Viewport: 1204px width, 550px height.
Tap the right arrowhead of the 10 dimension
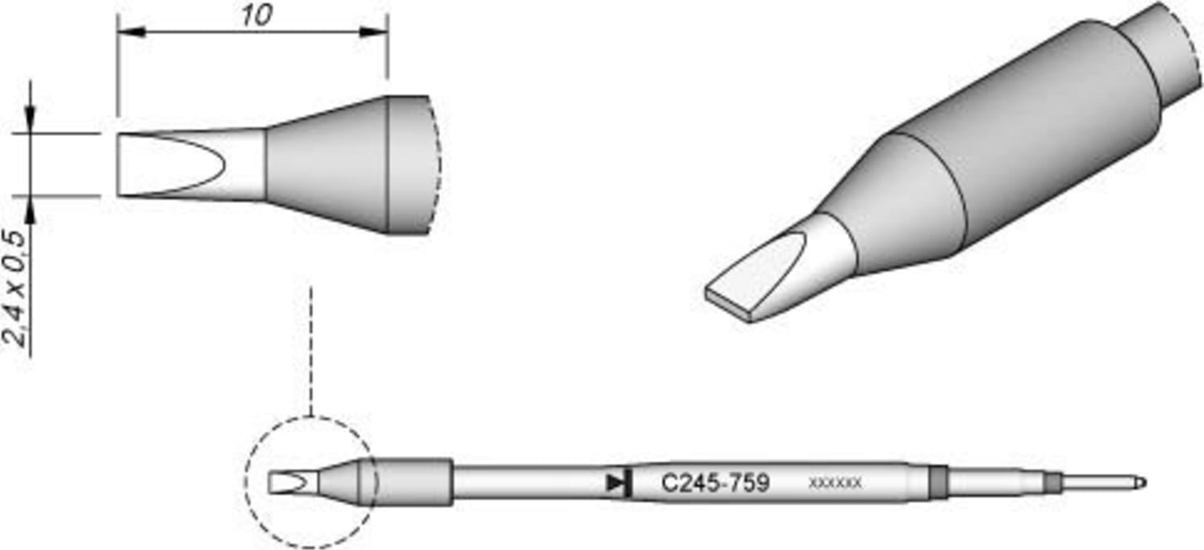373,32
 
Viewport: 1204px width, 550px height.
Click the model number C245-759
714,483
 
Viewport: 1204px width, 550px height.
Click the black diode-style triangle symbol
617,483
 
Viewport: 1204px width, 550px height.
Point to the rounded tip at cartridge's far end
1140,483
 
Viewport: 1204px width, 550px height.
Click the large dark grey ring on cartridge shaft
938,483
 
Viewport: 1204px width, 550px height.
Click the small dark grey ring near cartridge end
1052,483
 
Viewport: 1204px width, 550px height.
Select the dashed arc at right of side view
436,165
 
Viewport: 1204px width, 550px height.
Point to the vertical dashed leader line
310,347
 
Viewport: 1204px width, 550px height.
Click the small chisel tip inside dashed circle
288,483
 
